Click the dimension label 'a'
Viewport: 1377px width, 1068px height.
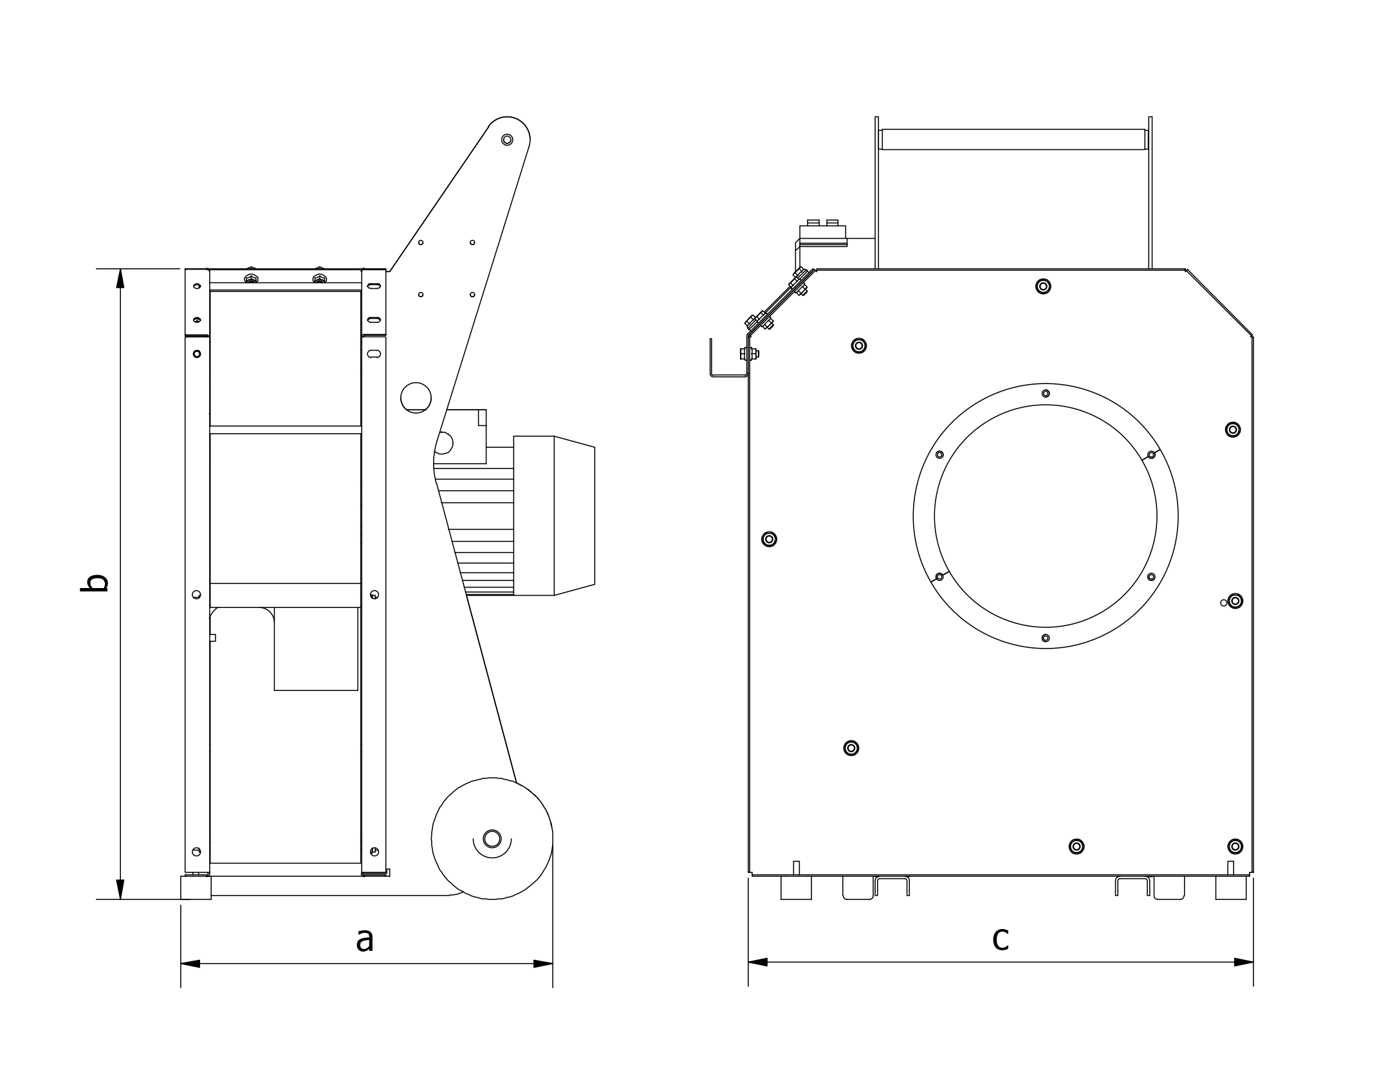pos(364,940)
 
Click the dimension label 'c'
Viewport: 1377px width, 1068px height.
pos(1000,939)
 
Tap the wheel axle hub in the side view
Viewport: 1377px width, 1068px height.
pos(492,838)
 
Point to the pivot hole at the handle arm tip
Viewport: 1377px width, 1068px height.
pos(507,140)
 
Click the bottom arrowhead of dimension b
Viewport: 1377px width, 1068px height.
pos(120,889)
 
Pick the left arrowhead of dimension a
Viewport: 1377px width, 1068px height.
pos(190,964)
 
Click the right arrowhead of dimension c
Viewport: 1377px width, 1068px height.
pos(1243,962)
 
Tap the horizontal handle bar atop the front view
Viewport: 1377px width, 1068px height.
pos(1013,140)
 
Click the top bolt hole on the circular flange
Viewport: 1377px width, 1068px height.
pos(1046,393)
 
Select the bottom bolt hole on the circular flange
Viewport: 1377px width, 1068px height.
pos(1046,638)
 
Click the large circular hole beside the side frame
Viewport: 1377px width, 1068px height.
pos(416,398)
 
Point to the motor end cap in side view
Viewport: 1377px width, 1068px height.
pos(574,515)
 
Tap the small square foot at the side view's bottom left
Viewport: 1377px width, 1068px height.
pos(196,888)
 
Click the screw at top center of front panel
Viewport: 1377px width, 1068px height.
pos(1043,286)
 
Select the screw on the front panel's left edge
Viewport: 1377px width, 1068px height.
pos(769,539)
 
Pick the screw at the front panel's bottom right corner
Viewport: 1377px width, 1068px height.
pos(1235,846)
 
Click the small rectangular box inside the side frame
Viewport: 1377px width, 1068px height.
pos(316,649)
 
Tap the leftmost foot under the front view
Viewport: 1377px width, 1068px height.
pos(796,888)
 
